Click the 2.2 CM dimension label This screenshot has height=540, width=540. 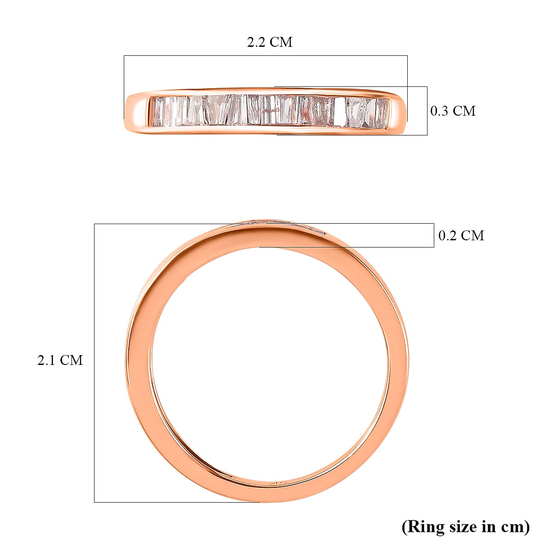270,42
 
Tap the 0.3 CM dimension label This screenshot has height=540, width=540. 453,111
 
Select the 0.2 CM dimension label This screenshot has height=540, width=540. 461,235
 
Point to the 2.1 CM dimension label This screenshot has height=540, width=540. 60,360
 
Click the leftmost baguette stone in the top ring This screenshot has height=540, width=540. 158,111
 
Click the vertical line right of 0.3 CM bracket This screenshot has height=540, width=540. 427,111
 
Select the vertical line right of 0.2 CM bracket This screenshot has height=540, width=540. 434,235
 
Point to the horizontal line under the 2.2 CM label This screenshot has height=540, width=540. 265,56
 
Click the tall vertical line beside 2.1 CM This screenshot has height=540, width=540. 94,360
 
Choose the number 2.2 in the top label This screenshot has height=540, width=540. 257,42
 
